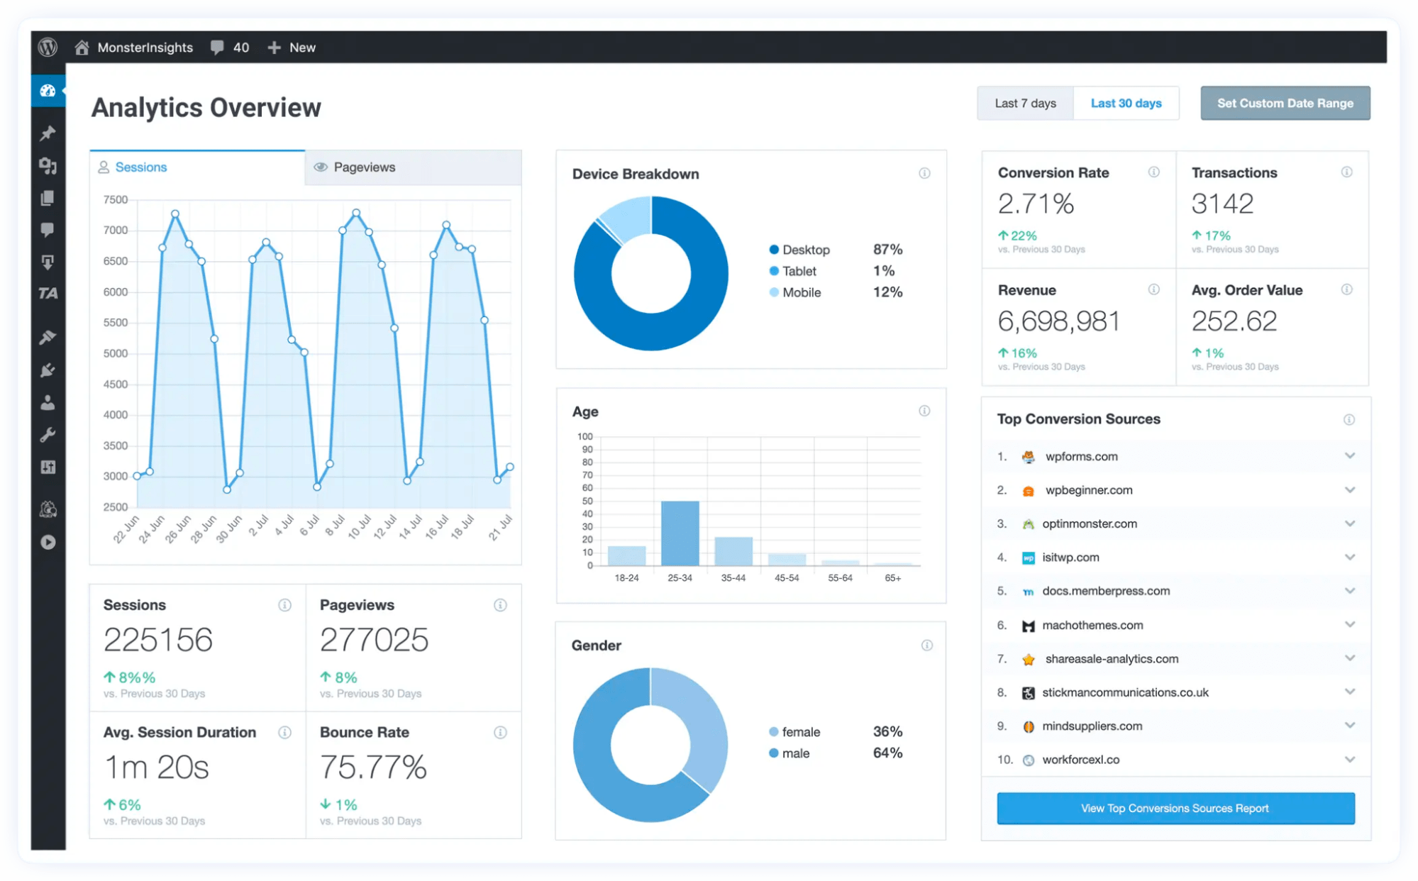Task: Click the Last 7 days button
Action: (x=1025, y=104)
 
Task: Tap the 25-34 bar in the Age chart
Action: (x=680, y=533)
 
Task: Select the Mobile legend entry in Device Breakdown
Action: (x=801, y=292)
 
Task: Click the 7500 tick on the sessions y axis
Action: (x=116, y=200)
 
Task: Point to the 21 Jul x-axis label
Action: (x=500, y=528)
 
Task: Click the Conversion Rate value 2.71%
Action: (x=1036, y=204)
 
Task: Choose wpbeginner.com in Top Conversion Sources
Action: (x=1088, y=490)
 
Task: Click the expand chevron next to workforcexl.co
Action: (x=1349, y=759)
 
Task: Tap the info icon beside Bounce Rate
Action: (x=500, y=732)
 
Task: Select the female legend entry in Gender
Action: (x=800, y=731)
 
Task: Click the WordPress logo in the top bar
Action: (x=48, y=48)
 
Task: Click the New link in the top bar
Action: (x=301, y=48)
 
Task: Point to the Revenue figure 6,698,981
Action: (x=1058, y=321)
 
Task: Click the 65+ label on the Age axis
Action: (x=892, y=578)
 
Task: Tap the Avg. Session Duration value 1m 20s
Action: (x=157, y=768)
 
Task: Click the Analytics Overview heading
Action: (x=206, y=108)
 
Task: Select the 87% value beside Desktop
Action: (x=887, y=250)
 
